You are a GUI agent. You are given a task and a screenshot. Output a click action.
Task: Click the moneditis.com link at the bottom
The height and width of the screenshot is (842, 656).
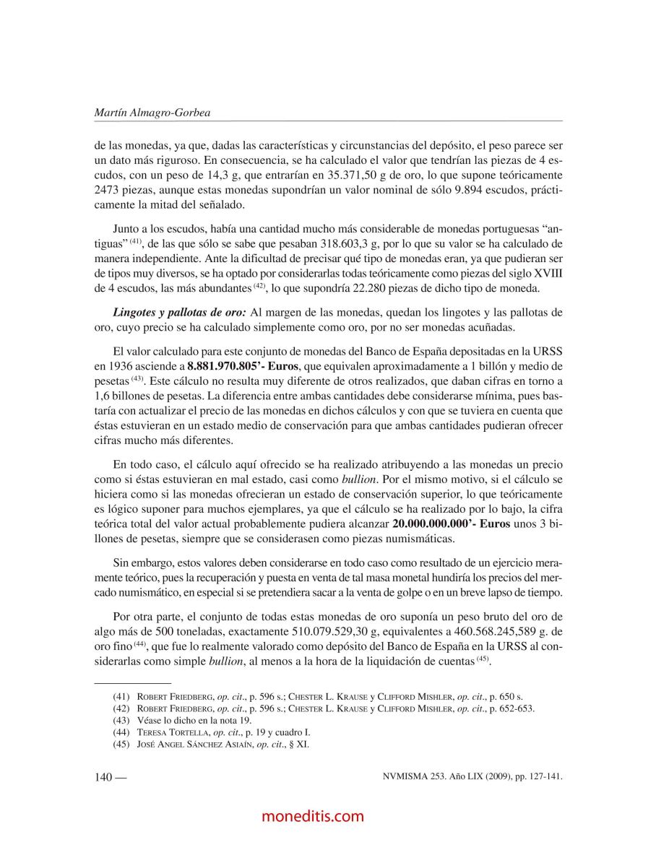pyautogui.click(x=313, y=816)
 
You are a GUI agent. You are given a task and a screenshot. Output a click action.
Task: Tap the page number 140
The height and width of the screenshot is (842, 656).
pyautogui.click(x=103, y=778)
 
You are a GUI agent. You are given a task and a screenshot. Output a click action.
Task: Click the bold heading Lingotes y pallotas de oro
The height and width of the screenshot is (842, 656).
pyautogui.click(x=179, y=313)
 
